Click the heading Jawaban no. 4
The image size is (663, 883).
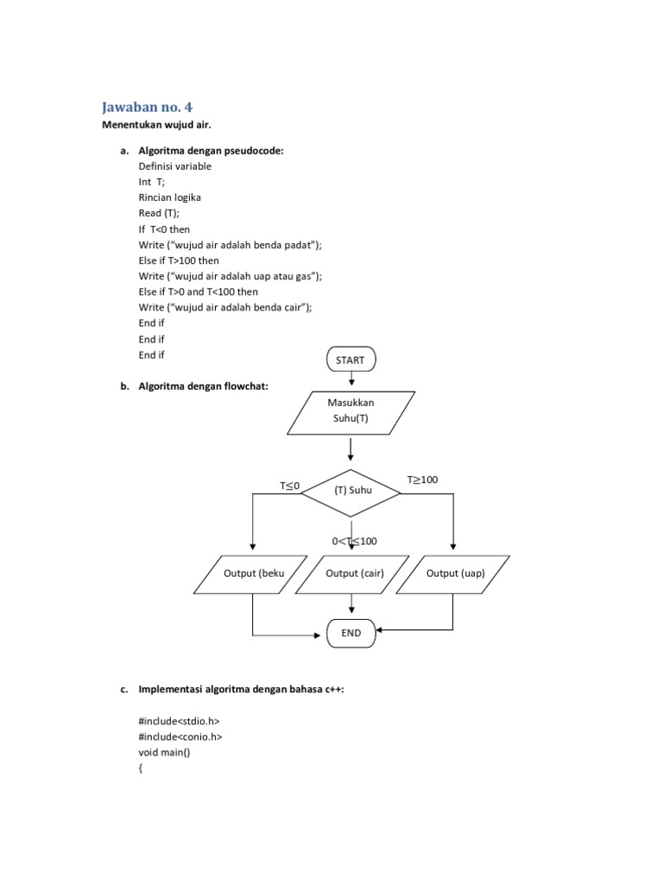[148, 107]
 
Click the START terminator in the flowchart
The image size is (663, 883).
[350, 360]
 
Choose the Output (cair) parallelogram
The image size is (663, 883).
[355, 574]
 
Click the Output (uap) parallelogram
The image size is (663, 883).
[455, 574]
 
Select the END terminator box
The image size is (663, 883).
[350, 633]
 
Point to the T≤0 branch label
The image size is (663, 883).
[289, 486]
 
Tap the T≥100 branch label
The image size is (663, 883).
[423, 479]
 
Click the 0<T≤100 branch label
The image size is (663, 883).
[355, 541]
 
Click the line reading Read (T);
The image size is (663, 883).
[160, 213]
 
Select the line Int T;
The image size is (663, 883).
[151, 182]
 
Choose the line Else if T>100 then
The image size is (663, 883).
[179, 260]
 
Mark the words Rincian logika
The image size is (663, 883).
[170, 197]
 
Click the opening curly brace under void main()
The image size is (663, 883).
[141, 767]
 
